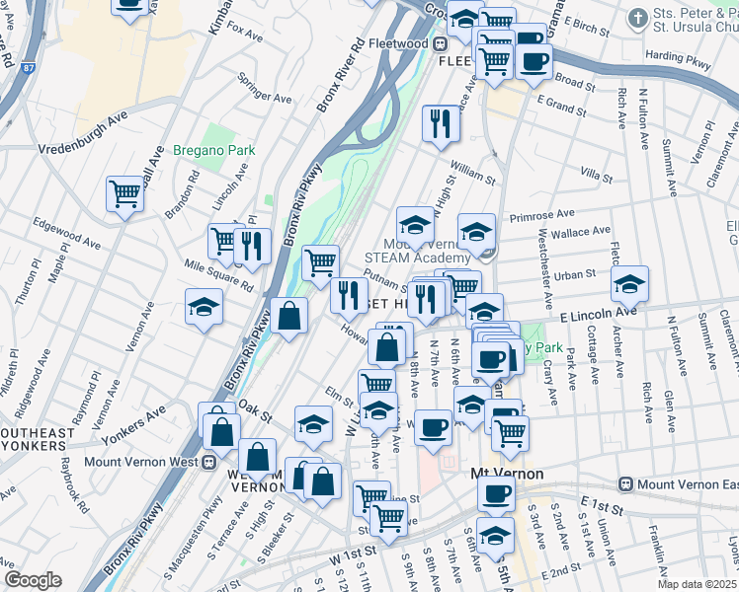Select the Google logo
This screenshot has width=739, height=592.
click(x=33, y=580)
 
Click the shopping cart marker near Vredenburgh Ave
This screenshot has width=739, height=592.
click(x=125, y=192)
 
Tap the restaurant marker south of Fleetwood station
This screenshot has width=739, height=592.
click(x=440, y=122)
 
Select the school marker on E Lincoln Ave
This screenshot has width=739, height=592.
click(x=629, y=283)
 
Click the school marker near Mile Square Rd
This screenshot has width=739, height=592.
click(x=204, y=306)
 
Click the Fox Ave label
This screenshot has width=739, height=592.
click(x=244, y=35)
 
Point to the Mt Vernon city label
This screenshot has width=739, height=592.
click(x=506, y=474)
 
